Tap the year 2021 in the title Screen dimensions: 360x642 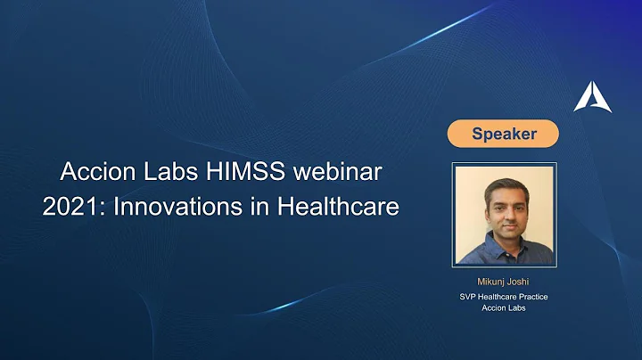click(x=66, y=206)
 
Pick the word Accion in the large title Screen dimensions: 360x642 click(x=95, y=170)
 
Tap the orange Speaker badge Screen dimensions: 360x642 click(x=504, y=135)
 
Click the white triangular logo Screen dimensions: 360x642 click(x=593, y=95)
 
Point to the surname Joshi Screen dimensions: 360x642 click(x=519, y=282)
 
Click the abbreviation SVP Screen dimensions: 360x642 click(x=469, y=298)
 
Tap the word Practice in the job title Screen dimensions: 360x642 click(x=531, y=298)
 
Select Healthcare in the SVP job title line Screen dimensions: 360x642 click(x=497, y=298)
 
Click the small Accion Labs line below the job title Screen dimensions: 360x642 click(x=504, y=310)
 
